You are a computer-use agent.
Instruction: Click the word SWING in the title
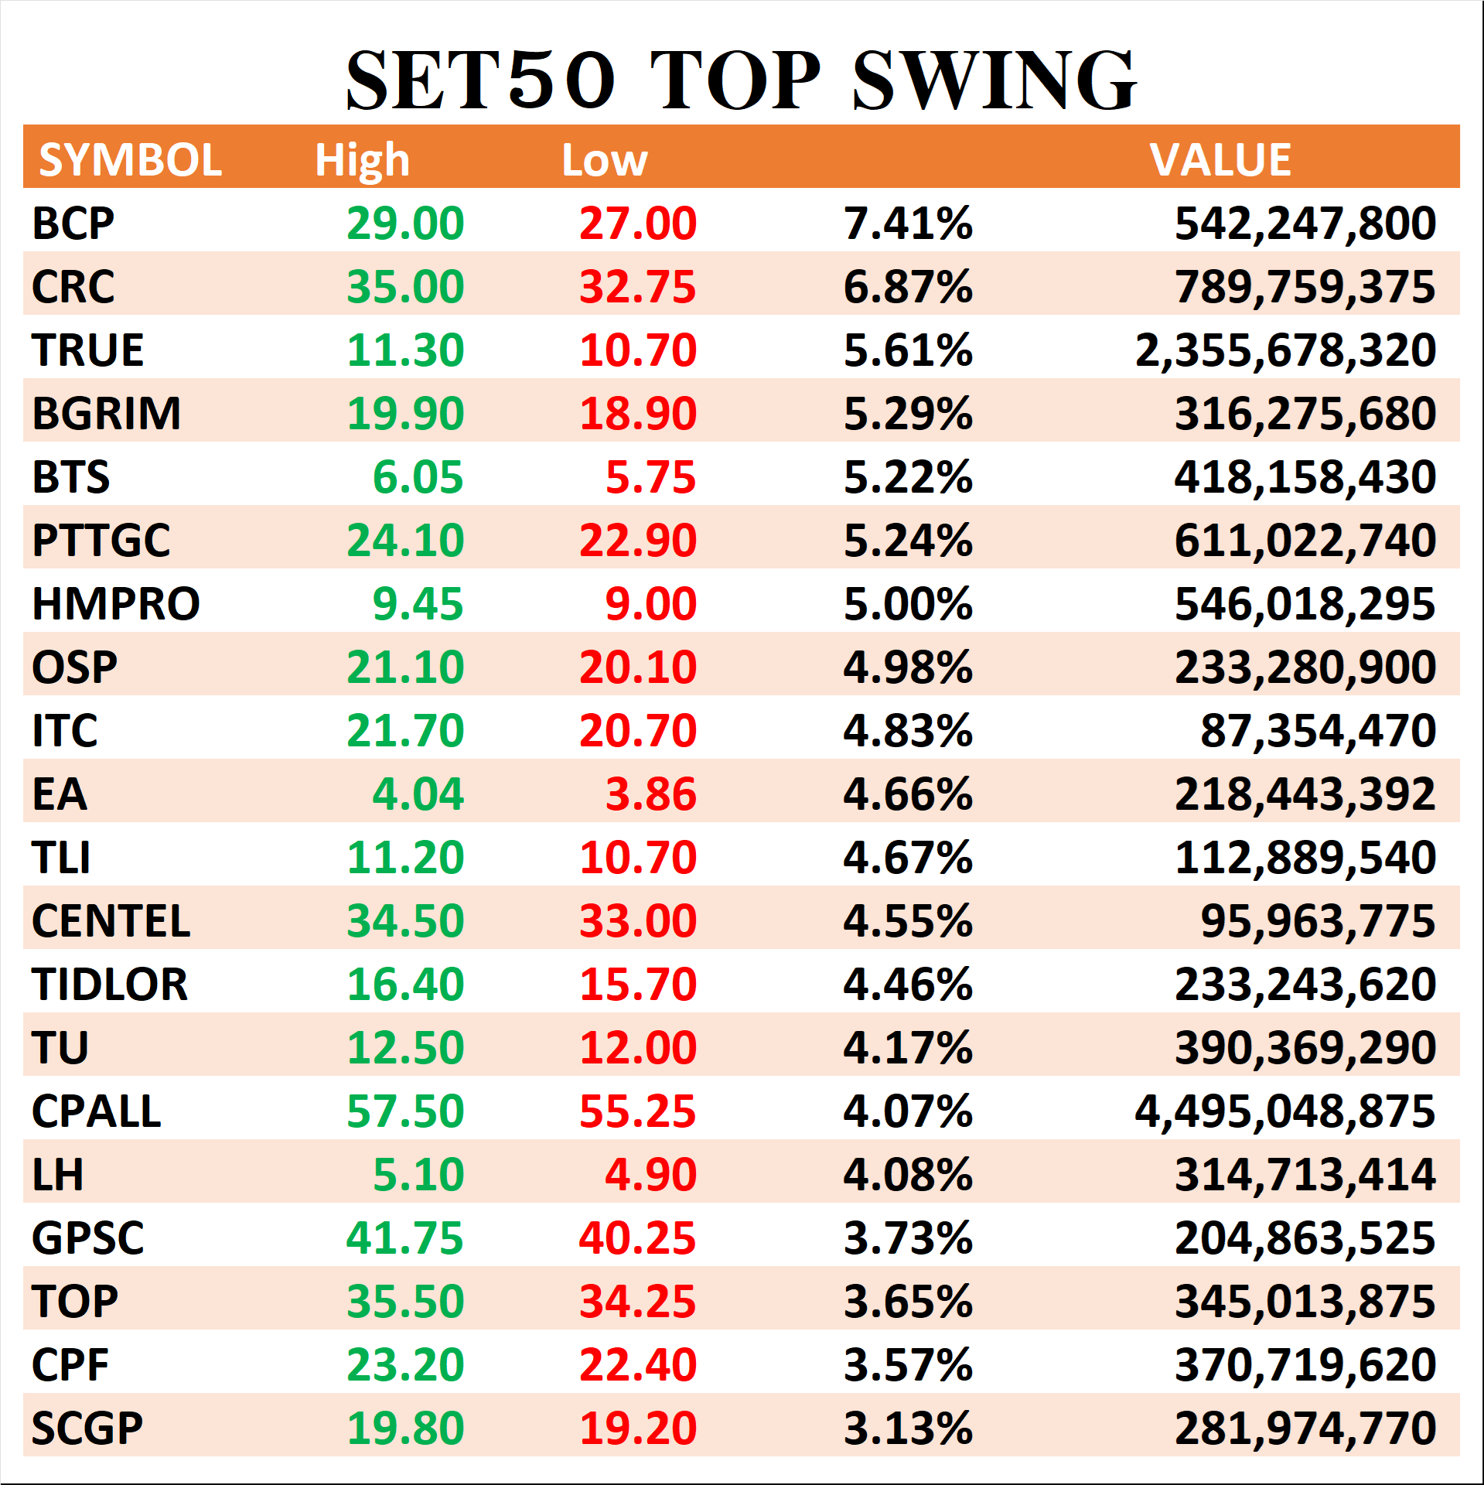coord(994,80)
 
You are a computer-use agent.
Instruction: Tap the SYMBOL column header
coord(131,160)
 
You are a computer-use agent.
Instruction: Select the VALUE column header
coord(1220,160)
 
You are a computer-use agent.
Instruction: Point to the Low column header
coord(605,160)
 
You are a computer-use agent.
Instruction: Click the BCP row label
coord(73,224)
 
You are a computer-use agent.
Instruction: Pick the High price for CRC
coord(405,287)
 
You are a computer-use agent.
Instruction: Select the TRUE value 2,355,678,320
coord(1285,350)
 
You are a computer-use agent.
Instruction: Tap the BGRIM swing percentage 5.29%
coord(908,414)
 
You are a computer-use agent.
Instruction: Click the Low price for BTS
coord(650,477)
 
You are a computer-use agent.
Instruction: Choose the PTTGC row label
coord(101,541)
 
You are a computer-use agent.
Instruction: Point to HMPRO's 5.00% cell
coord(908,604)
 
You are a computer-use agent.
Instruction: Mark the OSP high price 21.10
coord(405,667)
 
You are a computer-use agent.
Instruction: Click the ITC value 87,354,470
coord(1318,731)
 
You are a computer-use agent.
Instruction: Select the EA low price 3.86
coord(650,794)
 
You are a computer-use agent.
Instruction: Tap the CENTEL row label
coord(111,921)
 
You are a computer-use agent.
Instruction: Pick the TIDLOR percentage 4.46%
coord(908,985)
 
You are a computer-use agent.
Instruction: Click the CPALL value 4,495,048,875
coord(1285,1111)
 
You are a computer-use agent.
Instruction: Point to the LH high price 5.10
coord(418,1175)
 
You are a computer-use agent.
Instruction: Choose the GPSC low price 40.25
coord(637,1238)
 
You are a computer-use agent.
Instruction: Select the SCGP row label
coord(87,1429)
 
